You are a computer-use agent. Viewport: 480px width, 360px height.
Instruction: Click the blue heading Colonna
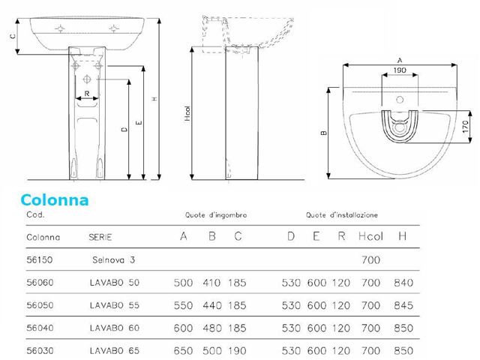pos(55,200)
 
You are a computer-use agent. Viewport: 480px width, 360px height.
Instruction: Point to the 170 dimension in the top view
pos(464,125)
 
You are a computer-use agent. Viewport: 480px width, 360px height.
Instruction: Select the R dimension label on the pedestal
pos(88,94)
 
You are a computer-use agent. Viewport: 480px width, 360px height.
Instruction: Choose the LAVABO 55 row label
pos(114,308)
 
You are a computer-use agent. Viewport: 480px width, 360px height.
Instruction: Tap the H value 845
pos(402,308)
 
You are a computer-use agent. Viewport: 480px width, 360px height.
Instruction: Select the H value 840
pos(402,283)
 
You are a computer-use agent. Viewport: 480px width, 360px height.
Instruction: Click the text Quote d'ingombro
pos(217,215)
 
